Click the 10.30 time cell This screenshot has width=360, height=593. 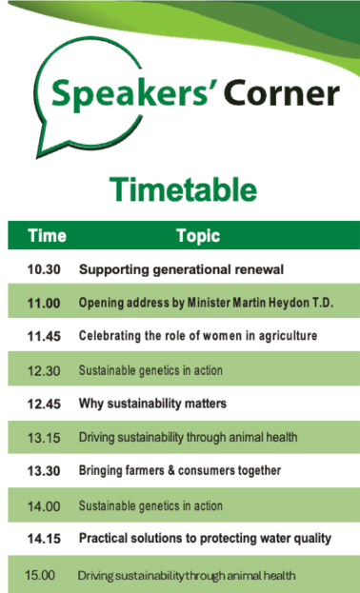[44, 269]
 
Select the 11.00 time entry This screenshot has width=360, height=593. [44, 304]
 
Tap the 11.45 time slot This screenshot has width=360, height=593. [44, 336]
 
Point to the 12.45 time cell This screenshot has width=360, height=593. [44, 404]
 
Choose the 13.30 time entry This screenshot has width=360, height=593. [44, 471]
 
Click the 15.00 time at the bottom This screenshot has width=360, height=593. [40, 575]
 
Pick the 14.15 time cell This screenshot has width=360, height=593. [44, 539]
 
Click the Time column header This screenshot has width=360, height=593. [48, 236]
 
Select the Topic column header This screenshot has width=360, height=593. [198, 236]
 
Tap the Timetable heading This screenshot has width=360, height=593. [183, 189]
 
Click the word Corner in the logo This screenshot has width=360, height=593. [283, 93]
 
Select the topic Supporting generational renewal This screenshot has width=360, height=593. [181, 269]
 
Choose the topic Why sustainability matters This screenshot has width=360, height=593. [152, 404]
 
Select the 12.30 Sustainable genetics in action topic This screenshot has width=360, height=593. [150, 370]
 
